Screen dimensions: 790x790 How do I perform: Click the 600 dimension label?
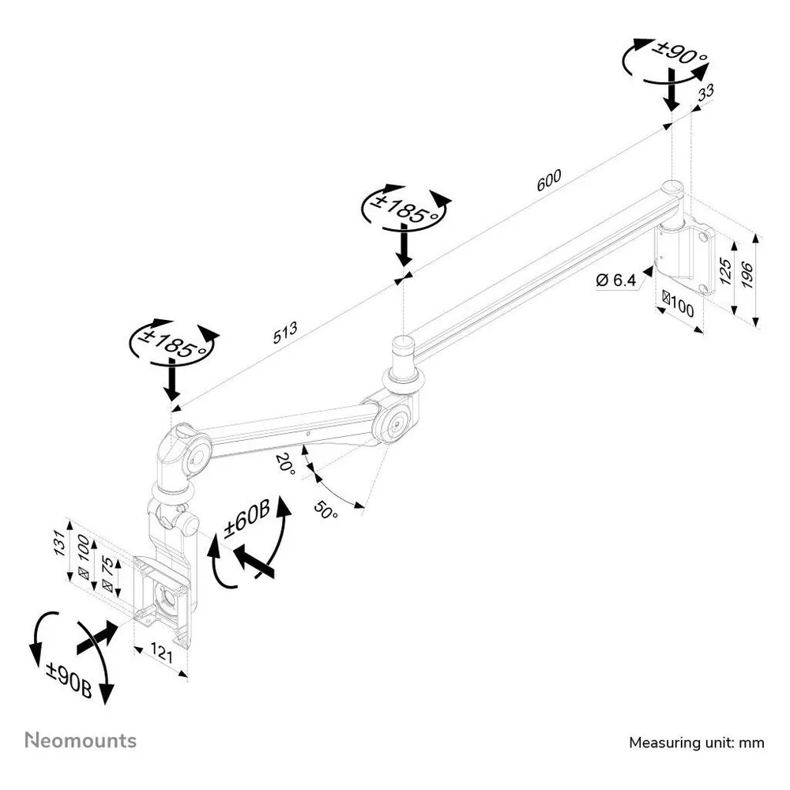click(549, 180)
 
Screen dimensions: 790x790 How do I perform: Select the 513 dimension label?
click(285, 333)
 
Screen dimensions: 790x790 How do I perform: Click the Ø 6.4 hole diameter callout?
click(615, 280)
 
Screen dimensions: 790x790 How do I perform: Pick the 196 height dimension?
click(747, 275)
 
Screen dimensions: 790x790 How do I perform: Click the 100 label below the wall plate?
click(678, 304)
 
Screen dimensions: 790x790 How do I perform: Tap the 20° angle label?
click(286, 464)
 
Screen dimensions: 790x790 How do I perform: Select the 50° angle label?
click(326, 510)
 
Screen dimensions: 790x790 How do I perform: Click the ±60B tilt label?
click(246, 518)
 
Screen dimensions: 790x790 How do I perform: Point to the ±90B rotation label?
click(69, 679)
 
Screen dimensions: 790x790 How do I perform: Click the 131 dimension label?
click(60, 544)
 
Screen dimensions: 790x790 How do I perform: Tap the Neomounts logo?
click(81, 740)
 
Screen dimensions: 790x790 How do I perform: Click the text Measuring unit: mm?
click(696, 743)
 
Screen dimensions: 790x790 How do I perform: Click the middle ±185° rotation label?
click(404, 208)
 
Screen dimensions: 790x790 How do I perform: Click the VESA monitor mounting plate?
click(162, 599)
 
